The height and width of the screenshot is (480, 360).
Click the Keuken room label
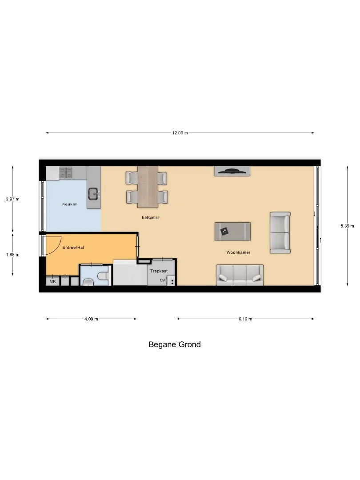(70, 204)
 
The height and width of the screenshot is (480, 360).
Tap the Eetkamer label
(150, 217)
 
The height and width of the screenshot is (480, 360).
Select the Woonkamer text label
(239, 252)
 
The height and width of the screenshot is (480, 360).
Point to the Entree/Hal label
(73, 248)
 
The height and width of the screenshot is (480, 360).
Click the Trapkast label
(159, 271)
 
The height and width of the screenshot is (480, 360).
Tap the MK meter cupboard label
(52, 281)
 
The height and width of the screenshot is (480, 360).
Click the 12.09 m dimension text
(180, 133)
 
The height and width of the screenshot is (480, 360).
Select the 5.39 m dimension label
(347, 226)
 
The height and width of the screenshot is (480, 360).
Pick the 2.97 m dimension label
(12, 199)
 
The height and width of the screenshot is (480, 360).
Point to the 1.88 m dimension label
(12, 255)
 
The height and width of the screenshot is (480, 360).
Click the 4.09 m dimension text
(91, 319)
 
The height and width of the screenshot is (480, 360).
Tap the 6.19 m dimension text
(245, 319)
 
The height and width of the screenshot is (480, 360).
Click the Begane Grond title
(175, 344)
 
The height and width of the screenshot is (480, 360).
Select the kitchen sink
(94, 193)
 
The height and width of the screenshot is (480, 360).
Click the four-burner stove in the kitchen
(66, 173)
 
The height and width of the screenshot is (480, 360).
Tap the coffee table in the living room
(232, 232)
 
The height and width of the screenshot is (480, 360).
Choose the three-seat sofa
(240, 275)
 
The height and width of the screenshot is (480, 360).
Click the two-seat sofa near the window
(280, 232)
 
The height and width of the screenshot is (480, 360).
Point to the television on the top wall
(232, 171)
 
